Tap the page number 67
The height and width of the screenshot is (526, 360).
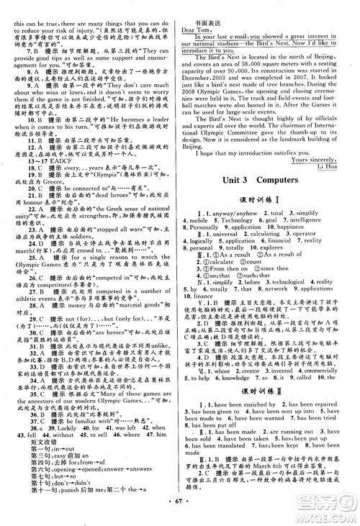[x=179, y=516]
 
